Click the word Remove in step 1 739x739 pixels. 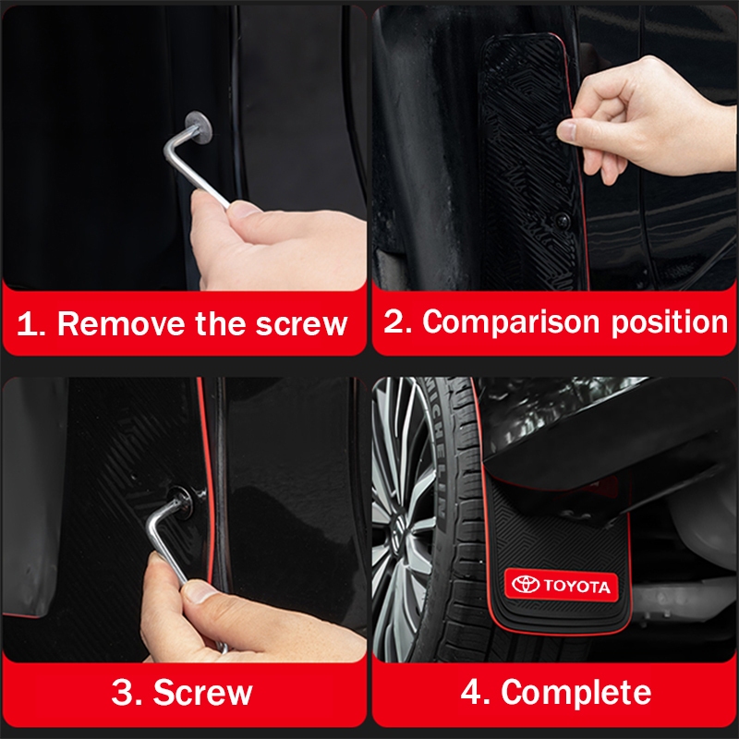121,324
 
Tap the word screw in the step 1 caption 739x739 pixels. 302,324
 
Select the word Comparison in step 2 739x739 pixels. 511,322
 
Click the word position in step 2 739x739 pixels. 670,322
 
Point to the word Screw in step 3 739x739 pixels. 202,692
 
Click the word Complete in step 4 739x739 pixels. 575,693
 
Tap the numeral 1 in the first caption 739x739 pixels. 26,324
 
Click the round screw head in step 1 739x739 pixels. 199,127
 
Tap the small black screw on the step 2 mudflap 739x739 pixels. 562,219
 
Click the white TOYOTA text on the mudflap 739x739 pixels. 576,586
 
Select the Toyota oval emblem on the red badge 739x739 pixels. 526,584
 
